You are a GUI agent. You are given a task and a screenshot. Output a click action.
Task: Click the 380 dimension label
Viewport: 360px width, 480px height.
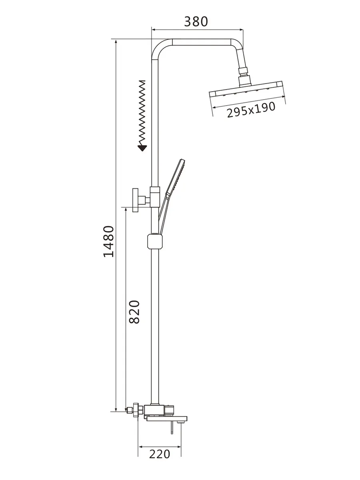point(196,22)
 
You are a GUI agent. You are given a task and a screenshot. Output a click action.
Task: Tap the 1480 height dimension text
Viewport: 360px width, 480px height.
point(109,241)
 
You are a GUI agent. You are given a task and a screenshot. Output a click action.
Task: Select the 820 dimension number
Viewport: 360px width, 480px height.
point(134,312)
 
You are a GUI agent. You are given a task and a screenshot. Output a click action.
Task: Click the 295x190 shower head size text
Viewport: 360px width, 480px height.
point(251,110)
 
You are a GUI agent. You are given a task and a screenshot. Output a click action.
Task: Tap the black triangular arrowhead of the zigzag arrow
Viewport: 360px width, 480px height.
point(142,148)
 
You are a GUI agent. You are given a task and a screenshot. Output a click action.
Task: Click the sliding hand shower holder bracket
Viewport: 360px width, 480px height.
point(155,241)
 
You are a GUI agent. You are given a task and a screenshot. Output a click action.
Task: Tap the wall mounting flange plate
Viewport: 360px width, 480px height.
point(136,200)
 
